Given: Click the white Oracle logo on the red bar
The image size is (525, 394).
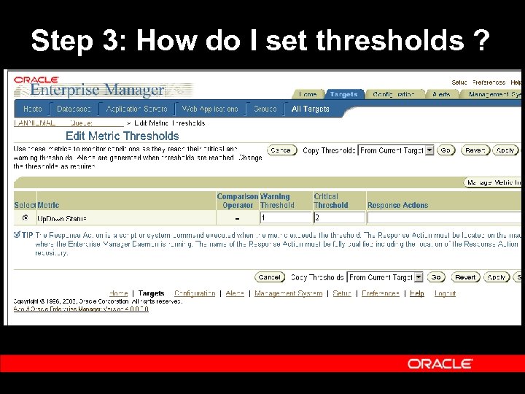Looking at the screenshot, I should click(x=440, y=363).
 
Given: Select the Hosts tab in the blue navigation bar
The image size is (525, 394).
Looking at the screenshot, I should click(x=33, y=109).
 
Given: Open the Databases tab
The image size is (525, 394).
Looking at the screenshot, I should click(x=74, y=109).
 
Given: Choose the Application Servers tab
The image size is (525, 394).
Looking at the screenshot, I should click(x=136, y=109).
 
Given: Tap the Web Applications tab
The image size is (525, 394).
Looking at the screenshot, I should click(x=210, y=109).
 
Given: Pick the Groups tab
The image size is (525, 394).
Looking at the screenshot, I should click(x=265, y=109).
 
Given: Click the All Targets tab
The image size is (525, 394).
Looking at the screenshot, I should click(x=311, y=109).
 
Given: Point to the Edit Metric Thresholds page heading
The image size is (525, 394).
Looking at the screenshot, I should click(x=122, y=136).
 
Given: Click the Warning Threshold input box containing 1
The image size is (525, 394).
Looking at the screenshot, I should click(x=285, y=217).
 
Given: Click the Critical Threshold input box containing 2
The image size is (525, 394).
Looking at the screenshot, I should click(x=339, y=217).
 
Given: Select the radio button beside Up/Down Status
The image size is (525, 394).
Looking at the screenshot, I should click(x=26, y=217).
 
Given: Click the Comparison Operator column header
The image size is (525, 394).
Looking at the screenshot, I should click(x=237, y=201).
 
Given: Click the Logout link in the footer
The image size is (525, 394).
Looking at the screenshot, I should click(x=445, y=293).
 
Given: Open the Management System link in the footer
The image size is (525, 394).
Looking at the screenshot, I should click(x=288, y=293).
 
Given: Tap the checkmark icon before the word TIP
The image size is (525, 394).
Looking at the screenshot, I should click(x=17, y=235).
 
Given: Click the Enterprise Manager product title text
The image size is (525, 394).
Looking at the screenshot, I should click(x=97, y=90).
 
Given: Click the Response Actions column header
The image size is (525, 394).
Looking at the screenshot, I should click(x=397, y=205).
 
